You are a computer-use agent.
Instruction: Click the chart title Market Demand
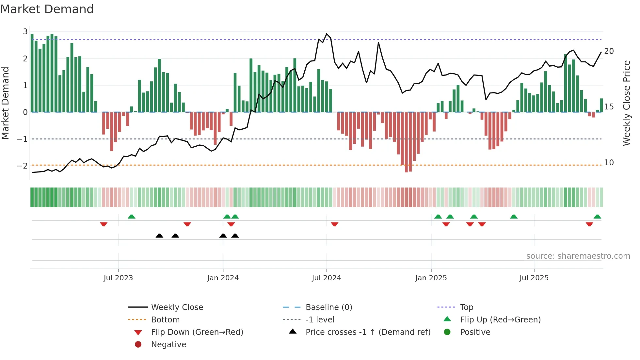47,9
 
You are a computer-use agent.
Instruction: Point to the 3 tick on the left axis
25,32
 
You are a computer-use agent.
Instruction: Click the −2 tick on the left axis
22,166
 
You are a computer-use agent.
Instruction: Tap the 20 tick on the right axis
609,51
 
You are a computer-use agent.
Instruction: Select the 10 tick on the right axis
609,163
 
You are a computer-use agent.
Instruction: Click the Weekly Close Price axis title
626,103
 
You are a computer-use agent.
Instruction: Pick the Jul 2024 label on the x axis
326,278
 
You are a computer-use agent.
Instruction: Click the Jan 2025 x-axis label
431,278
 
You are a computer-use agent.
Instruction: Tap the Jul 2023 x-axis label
118,278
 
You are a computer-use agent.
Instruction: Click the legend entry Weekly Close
177,307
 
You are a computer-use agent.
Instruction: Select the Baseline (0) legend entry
329,307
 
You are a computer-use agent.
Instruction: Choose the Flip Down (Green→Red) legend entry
197,332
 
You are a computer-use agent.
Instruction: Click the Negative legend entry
168,345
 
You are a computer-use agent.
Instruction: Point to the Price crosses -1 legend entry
368,332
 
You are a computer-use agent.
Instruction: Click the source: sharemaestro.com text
578,256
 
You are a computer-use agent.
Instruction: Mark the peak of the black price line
327,34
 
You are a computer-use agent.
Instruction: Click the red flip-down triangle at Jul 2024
334,224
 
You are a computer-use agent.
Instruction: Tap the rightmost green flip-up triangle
597,217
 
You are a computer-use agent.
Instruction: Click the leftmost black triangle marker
159,236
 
